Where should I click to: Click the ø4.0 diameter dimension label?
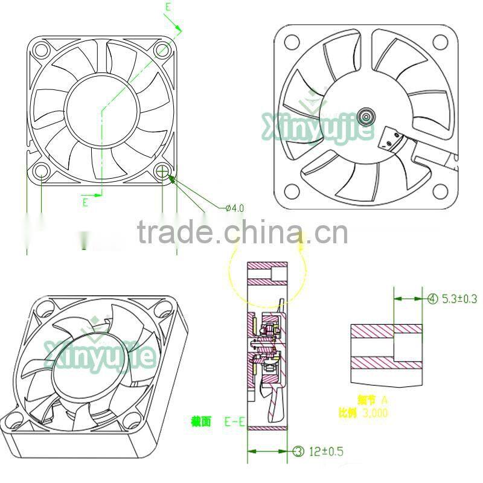click(x=234, y=208)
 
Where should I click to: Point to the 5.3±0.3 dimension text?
click(x=459, y=298)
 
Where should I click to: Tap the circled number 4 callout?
click(x=432, y=298)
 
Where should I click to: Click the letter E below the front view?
click(x=85, y=202)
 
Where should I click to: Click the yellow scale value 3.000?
click(x=375, y=414)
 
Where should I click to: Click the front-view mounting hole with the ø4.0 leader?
click(x=162, y=171)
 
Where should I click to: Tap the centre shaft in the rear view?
click(x=366, y=116)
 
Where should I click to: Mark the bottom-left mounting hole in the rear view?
click(x=292, y=191)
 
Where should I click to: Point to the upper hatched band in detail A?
click(x=386, y=330)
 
